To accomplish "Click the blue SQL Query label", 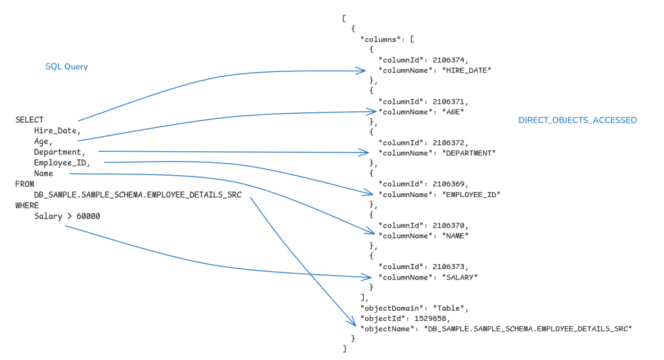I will coord(66,67).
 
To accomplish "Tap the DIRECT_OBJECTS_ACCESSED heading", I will coord(577,120).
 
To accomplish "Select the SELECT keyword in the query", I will coord(29,120).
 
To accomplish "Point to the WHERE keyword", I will coord(27,206).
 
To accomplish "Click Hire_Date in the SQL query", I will coord(56,131).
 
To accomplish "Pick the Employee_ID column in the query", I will coord(62,163).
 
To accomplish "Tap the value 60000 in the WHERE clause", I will coord(88,216).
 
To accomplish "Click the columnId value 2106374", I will coord(450,60).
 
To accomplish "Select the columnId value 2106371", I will coord(450,102).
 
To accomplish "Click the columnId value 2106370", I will coord(450,226).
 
